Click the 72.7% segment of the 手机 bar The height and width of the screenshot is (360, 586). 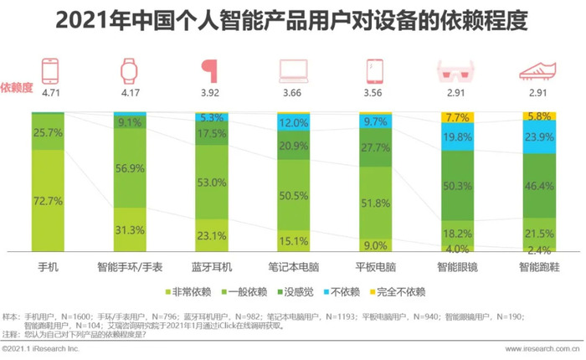click(48, 200)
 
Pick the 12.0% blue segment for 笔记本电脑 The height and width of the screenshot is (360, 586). click(293, 122)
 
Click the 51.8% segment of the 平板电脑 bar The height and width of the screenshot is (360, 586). click(374, 203)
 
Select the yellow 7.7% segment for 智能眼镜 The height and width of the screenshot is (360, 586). click(457, 118)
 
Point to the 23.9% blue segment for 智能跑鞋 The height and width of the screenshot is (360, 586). click(538, 138)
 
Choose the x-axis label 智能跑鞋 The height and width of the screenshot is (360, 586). click(538, 266)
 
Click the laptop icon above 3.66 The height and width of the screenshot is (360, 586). click(293, 70)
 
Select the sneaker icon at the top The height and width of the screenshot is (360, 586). click(538, 70)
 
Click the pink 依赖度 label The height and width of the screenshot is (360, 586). click(16, 86)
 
